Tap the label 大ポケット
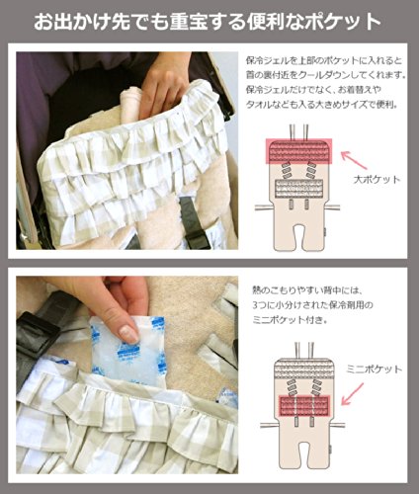pos(377,180)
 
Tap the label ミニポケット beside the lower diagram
pos(374,369)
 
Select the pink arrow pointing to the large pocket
pos(354,160)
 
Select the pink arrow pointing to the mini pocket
pos(353,393)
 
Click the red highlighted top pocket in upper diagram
pos(298,151)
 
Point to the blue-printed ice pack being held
pos(129,350)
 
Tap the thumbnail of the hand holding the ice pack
pos(126,375)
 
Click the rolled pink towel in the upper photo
pos(130,102)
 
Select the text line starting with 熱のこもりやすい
pos(307,290)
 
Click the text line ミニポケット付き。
pos(290,319)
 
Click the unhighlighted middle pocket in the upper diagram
pos(298,189)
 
